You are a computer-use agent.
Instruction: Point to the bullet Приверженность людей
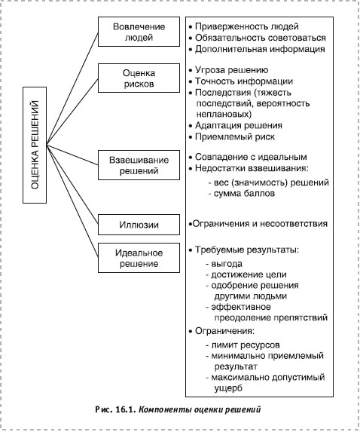pyautogui.click(x=243, y=26)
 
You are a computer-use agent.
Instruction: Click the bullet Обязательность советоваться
pyautogui.click(x=257, y=38)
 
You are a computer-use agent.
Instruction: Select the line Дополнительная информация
pyautogui.click(x=257, y=49)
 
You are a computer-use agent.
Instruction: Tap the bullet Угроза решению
pyautogui.click(x=228, y=70)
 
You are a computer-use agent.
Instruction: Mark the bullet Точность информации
pyautogui.click(x=241, y=81)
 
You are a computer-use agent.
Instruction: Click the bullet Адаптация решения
pyautogui.click(x=235, y=126)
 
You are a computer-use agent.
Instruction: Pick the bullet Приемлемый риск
pyautogui.click(x=232, y=136)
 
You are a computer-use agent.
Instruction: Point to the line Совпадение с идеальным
pyautogui.click(x=248, y=157)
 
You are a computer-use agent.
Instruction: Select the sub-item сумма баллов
pyautogui.click(x=242, y=194)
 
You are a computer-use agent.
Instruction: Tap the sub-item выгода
pyautogui.click(x=224, y=264)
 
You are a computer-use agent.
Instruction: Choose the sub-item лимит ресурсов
pyautogui.click(x=243, y=345)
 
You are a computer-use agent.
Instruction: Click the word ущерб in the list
pyautogui.click(x=228, y=388)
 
